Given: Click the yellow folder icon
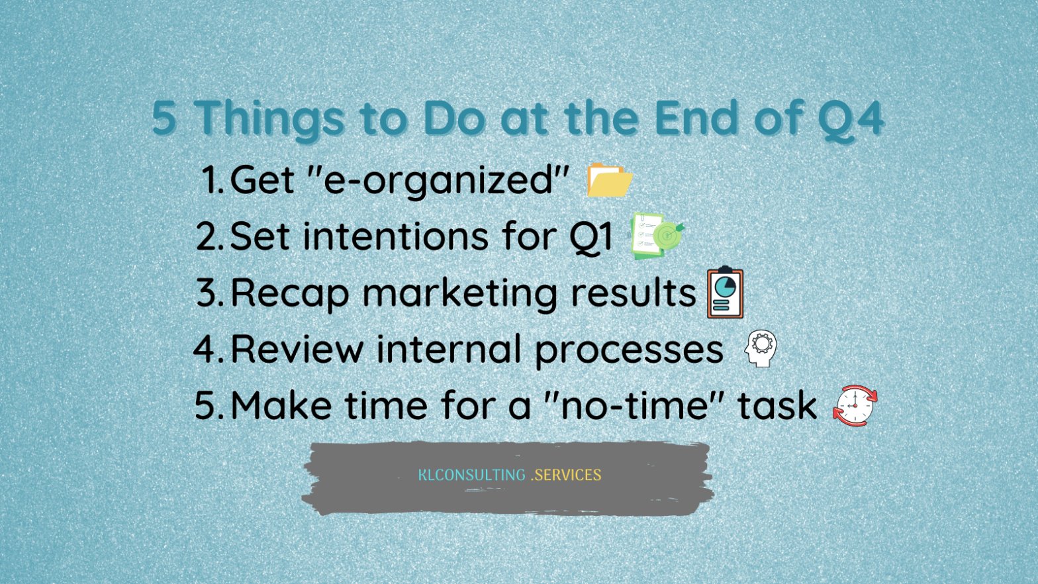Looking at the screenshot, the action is point(609,180).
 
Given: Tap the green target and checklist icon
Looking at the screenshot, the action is point(657,236).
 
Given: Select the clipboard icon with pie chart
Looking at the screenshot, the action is point(726,293).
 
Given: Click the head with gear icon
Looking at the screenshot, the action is point(761,348).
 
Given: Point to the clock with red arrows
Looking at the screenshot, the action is point(855,405).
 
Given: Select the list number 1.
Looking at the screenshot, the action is point(212,180).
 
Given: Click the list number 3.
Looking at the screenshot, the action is point(210,293).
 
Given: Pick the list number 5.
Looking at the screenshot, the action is point(209,405).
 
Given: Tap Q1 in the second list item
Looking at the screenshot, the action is point(590,237).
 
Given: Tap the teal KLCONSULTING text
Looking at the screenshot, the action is point(472,475).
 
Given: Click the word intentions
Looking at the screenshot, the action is point(395,236).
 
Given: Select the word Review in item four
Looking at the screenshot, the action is point(297,349).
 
